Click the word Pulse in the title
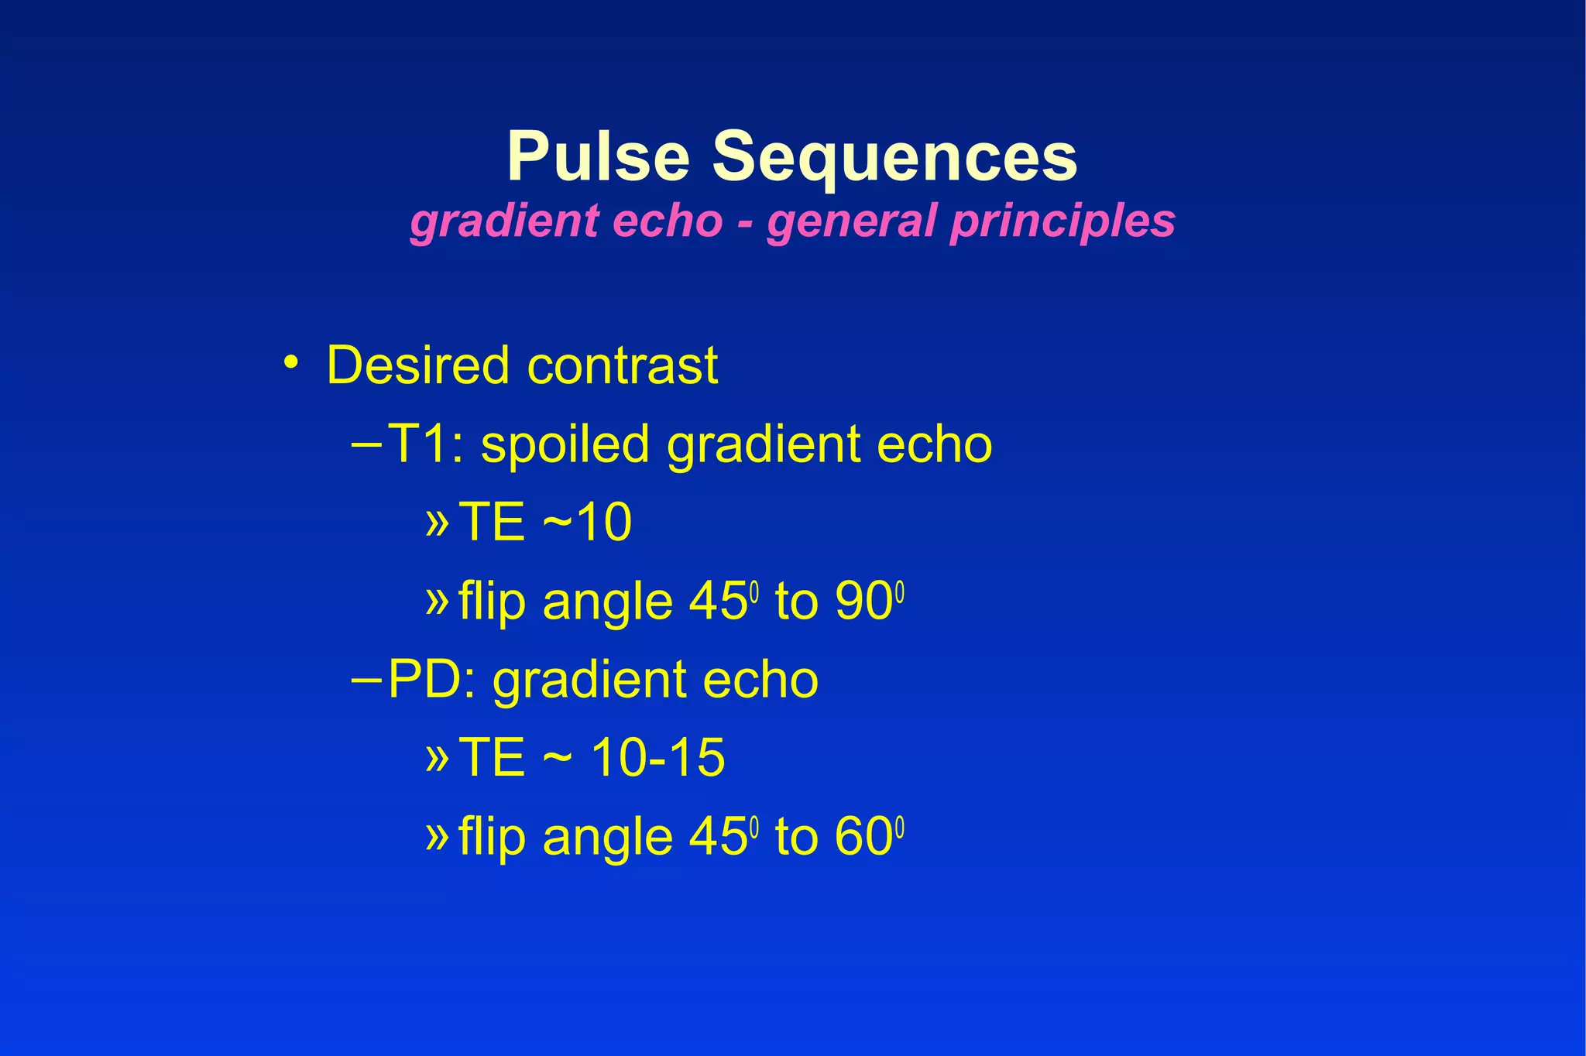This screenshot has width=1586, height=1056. point(598,156)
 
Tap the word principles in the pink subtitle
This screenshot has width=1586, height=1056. point(1062,221)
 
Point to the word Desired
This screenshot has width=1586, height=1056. point(418,365)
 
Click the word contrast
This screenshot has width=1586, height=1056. point(623,365)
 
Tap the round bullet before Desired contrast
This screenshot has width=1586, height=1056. point(290,362)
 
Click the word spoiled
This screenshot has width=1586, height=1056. point(565,445)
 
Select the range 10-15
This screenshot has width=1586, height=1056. point(658,757)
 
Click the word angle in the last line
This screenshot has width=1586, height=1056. point(608,838)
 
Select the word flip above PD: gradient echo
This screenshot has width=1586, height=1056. point(491,602)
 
